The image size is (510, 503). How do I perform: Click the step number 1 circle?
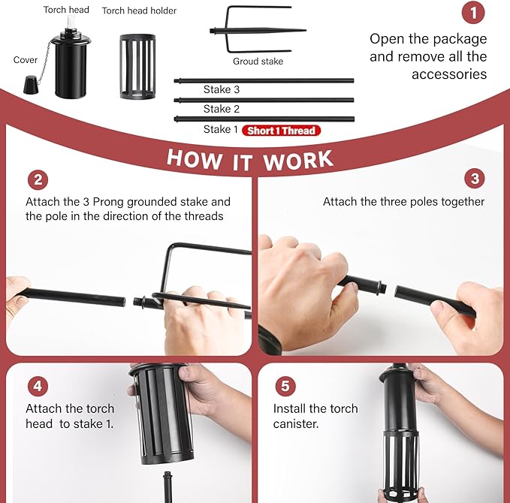[x=473, y=13]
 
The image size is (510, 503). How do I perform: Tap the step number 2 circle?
[x=38, y=180]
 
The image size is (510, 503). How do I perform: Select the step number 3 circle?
[x=475, y=178]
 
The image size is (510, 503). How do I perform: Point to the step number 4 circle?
[x=38, y=386]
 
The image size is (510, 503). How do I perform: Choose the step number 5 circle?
[x=285, y=386]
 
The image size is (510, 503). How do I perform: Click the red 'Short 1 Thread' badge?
[x=282, y=131]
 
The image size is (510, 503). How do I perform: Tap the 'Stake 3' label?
[x=222, y=89]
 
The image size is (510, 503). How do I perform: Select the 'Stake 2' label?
[x=222, y=109]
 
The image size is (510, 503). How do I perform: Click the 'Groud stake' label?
[x=258, y=61]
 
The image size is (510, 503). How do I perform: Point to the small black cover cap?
[x=31, y=85]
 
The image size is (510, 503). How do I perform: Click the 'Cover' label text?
[x=26, y=60]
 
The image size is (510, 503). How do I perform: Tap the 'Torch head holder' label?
[x=139, y=11]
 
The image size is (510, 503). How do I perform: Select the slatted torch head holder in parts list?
[x=137, y=66]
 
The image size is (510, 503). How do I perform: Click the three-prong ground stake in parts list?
[x=258, y=30]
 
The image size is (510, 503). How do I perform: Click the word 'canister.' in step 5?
[x=296, y=424]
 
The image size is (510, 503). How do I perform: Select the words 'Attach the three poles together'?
[x=403, y=202]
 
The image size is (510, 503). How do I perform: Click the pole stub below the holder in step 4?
[x=167, y=486]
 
